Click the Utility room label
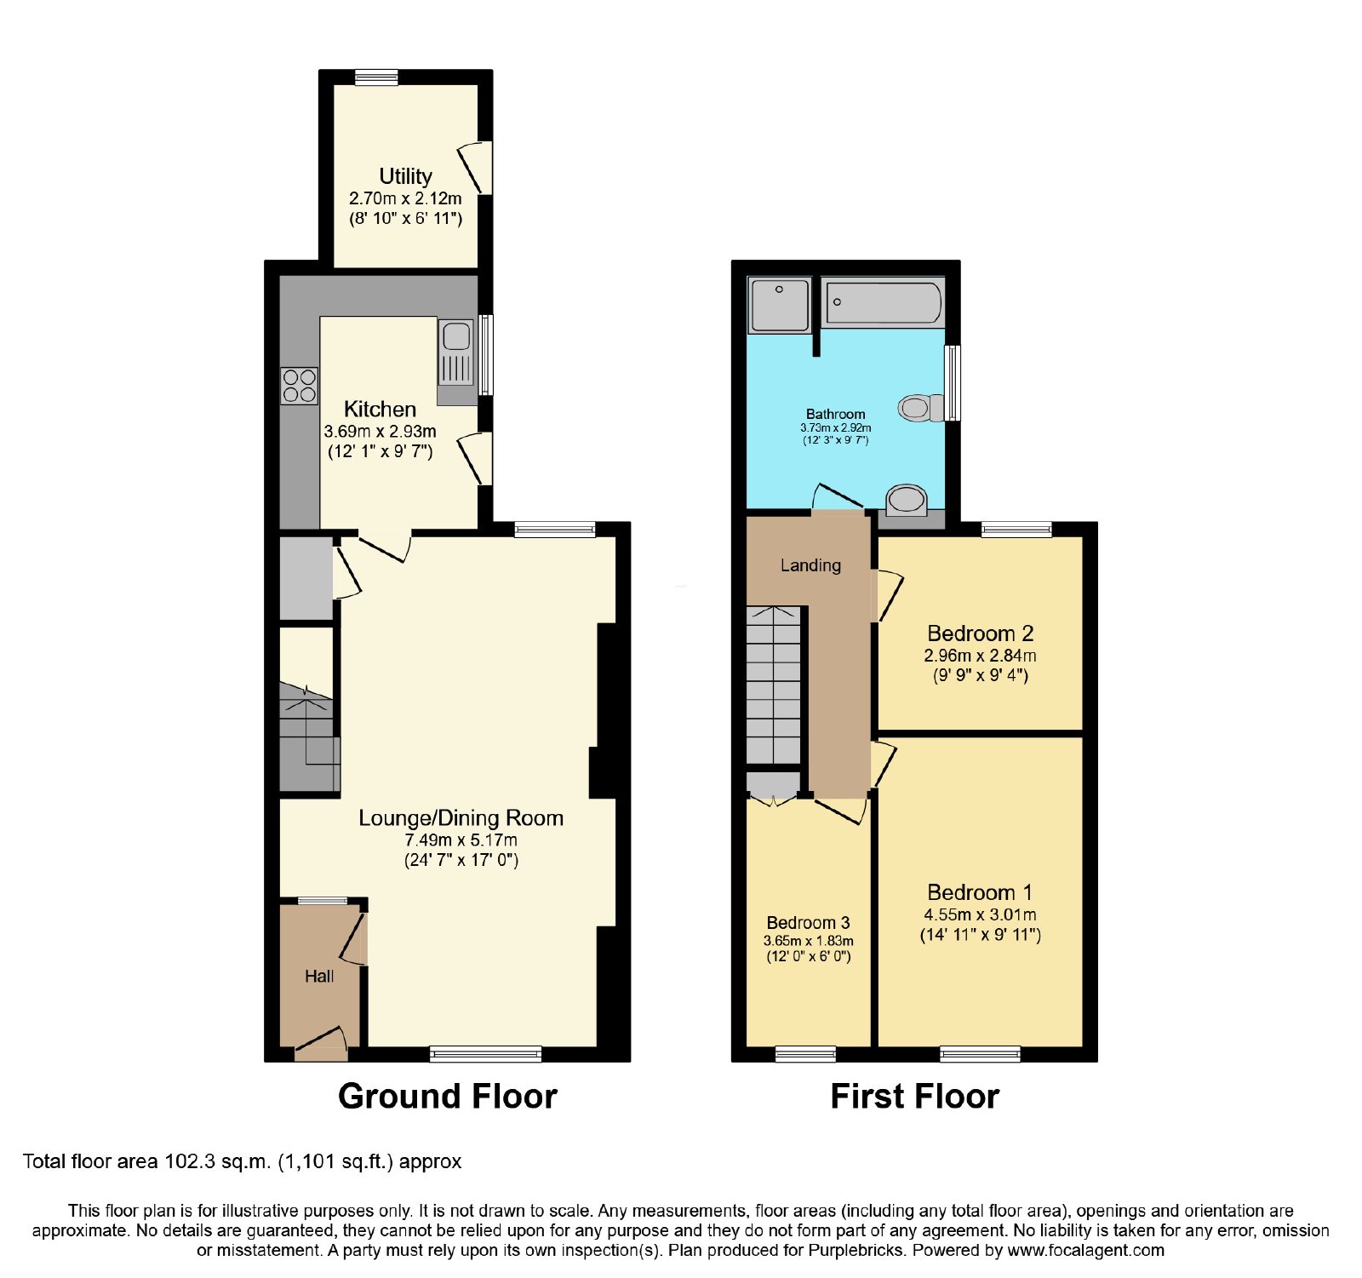[x=405, y=176]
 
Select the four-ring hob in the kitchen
[x=299, y=386]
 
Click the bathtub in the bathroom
[x=884, y=302]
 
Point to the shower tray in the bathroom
[x=779, y=305]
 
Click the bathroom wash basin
[x=906, y=501]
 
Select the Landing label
[x=810, y=565]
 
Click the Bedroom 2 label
[x=980, y=633]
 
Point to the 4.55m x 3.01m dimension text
[x=980, y=914]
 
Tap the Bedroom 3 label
[x=808, y=923]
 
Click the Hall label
[x=319, y=977]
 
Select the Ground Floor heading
[x=448, y=1097]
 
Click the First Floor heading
[x=915, y=1097]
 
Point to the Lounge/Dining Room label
[x=461, y=818]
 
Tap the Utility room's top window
[x=376, y=77]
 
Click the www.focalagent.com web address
[x=1085, y=1251]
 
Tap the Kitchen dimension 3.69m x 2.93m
[x=380, y=431]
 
